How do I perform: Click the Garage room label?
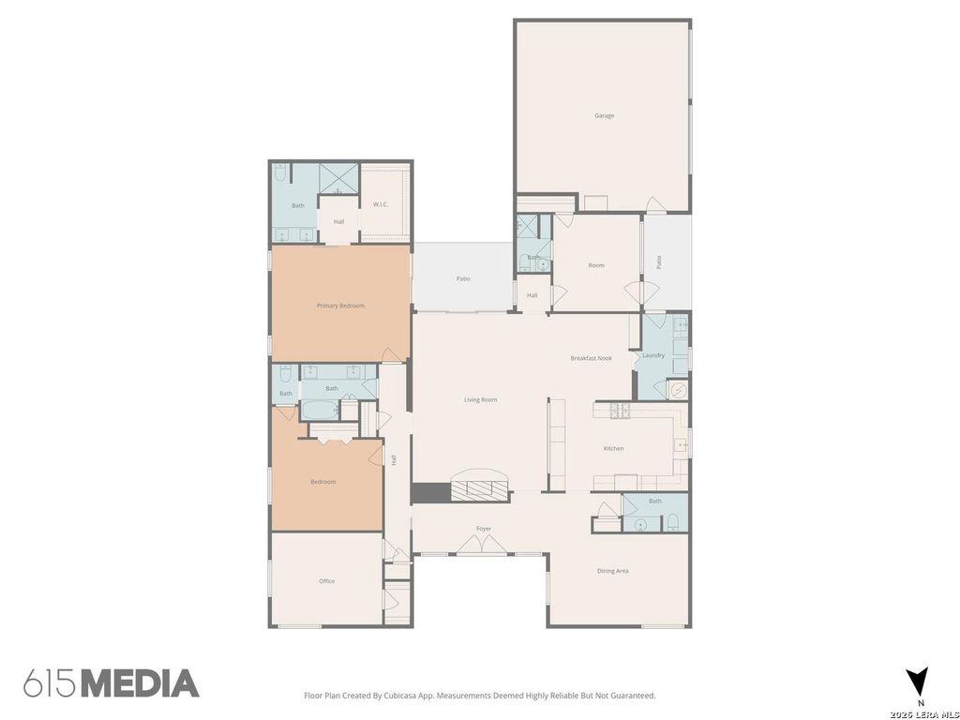[x=604, y=115]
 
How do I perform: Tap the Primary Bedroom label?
[x=340, y=306]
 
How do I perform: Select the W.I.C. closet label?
[x=381, y=204]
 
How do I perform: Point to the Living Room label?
[x=481, y=399]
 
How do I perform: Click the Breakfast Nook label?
[x=591, y=358]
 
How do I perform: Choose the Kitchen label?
[x=613, y=448]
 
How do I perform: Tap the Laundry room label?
[x=653, y=355]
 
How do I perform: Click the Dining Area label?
[x=613, y=571]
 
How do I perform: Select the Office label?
[x=327, y=581]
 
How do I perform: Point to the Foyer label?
[x=484, y=529]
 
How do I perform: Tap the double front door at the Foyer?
[x=483, y=545]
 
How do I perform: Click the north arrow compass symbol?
[x=917, y=681]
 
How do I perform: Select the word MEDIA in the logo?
[x=141, y=683]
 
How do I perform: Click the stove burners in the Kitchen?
[x=619, y=411]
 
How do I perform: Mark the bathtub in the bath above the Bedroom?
[x=320, y=409]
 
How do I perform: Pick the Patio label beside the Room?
[x=659, y=262]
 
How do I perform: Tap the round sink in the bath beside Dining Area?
[x=640, y=525]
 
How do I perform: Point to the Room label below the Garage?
[x=595, y=265]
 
